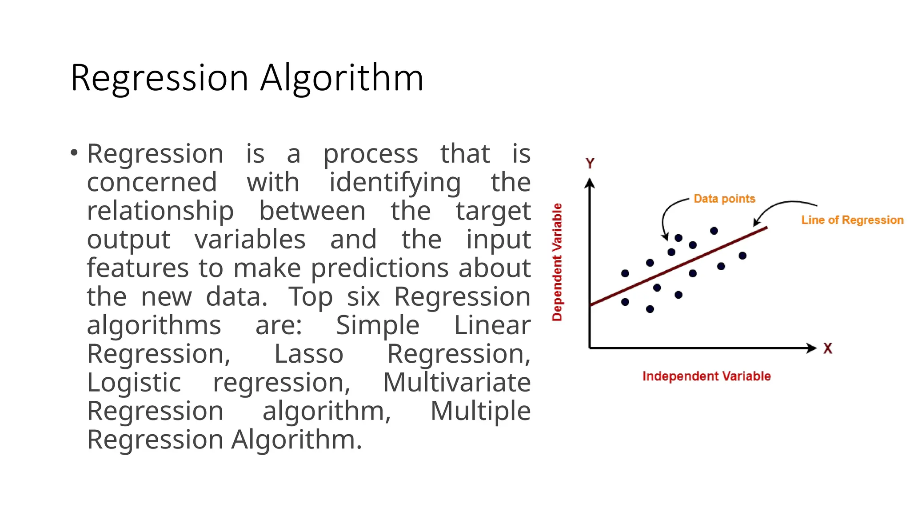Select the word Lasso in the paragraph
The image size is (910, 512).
coord(309,354)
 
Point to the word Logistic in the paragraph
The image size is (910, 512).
coord(134,383)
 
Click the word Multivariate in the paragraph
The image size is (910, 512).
coord(457,383)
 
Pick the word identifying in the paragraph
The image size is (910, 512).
coord(395,183)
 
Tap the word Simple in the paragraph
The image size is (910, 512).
coord(378,325)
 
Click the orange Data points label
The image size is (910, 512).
coord(724,199)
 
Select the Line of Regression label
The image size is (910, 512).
coord(852,220)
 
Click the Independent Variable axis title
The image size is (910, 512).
coord(706,376)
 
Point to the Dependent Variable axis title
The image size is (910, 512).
coord(557,262)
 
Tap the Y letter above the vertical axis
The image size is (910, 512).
coord(590,164)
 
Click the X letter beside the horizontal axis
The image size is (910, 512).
coord(827,348)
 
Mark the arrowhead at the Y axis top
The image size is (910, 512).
coord(590,182)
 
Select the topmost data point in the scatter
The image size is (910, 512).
coord(714,231)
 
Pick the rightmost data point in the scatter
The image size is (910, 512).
coord(742,256)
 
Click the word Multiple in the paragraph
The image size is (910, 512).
coord(480,411)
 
